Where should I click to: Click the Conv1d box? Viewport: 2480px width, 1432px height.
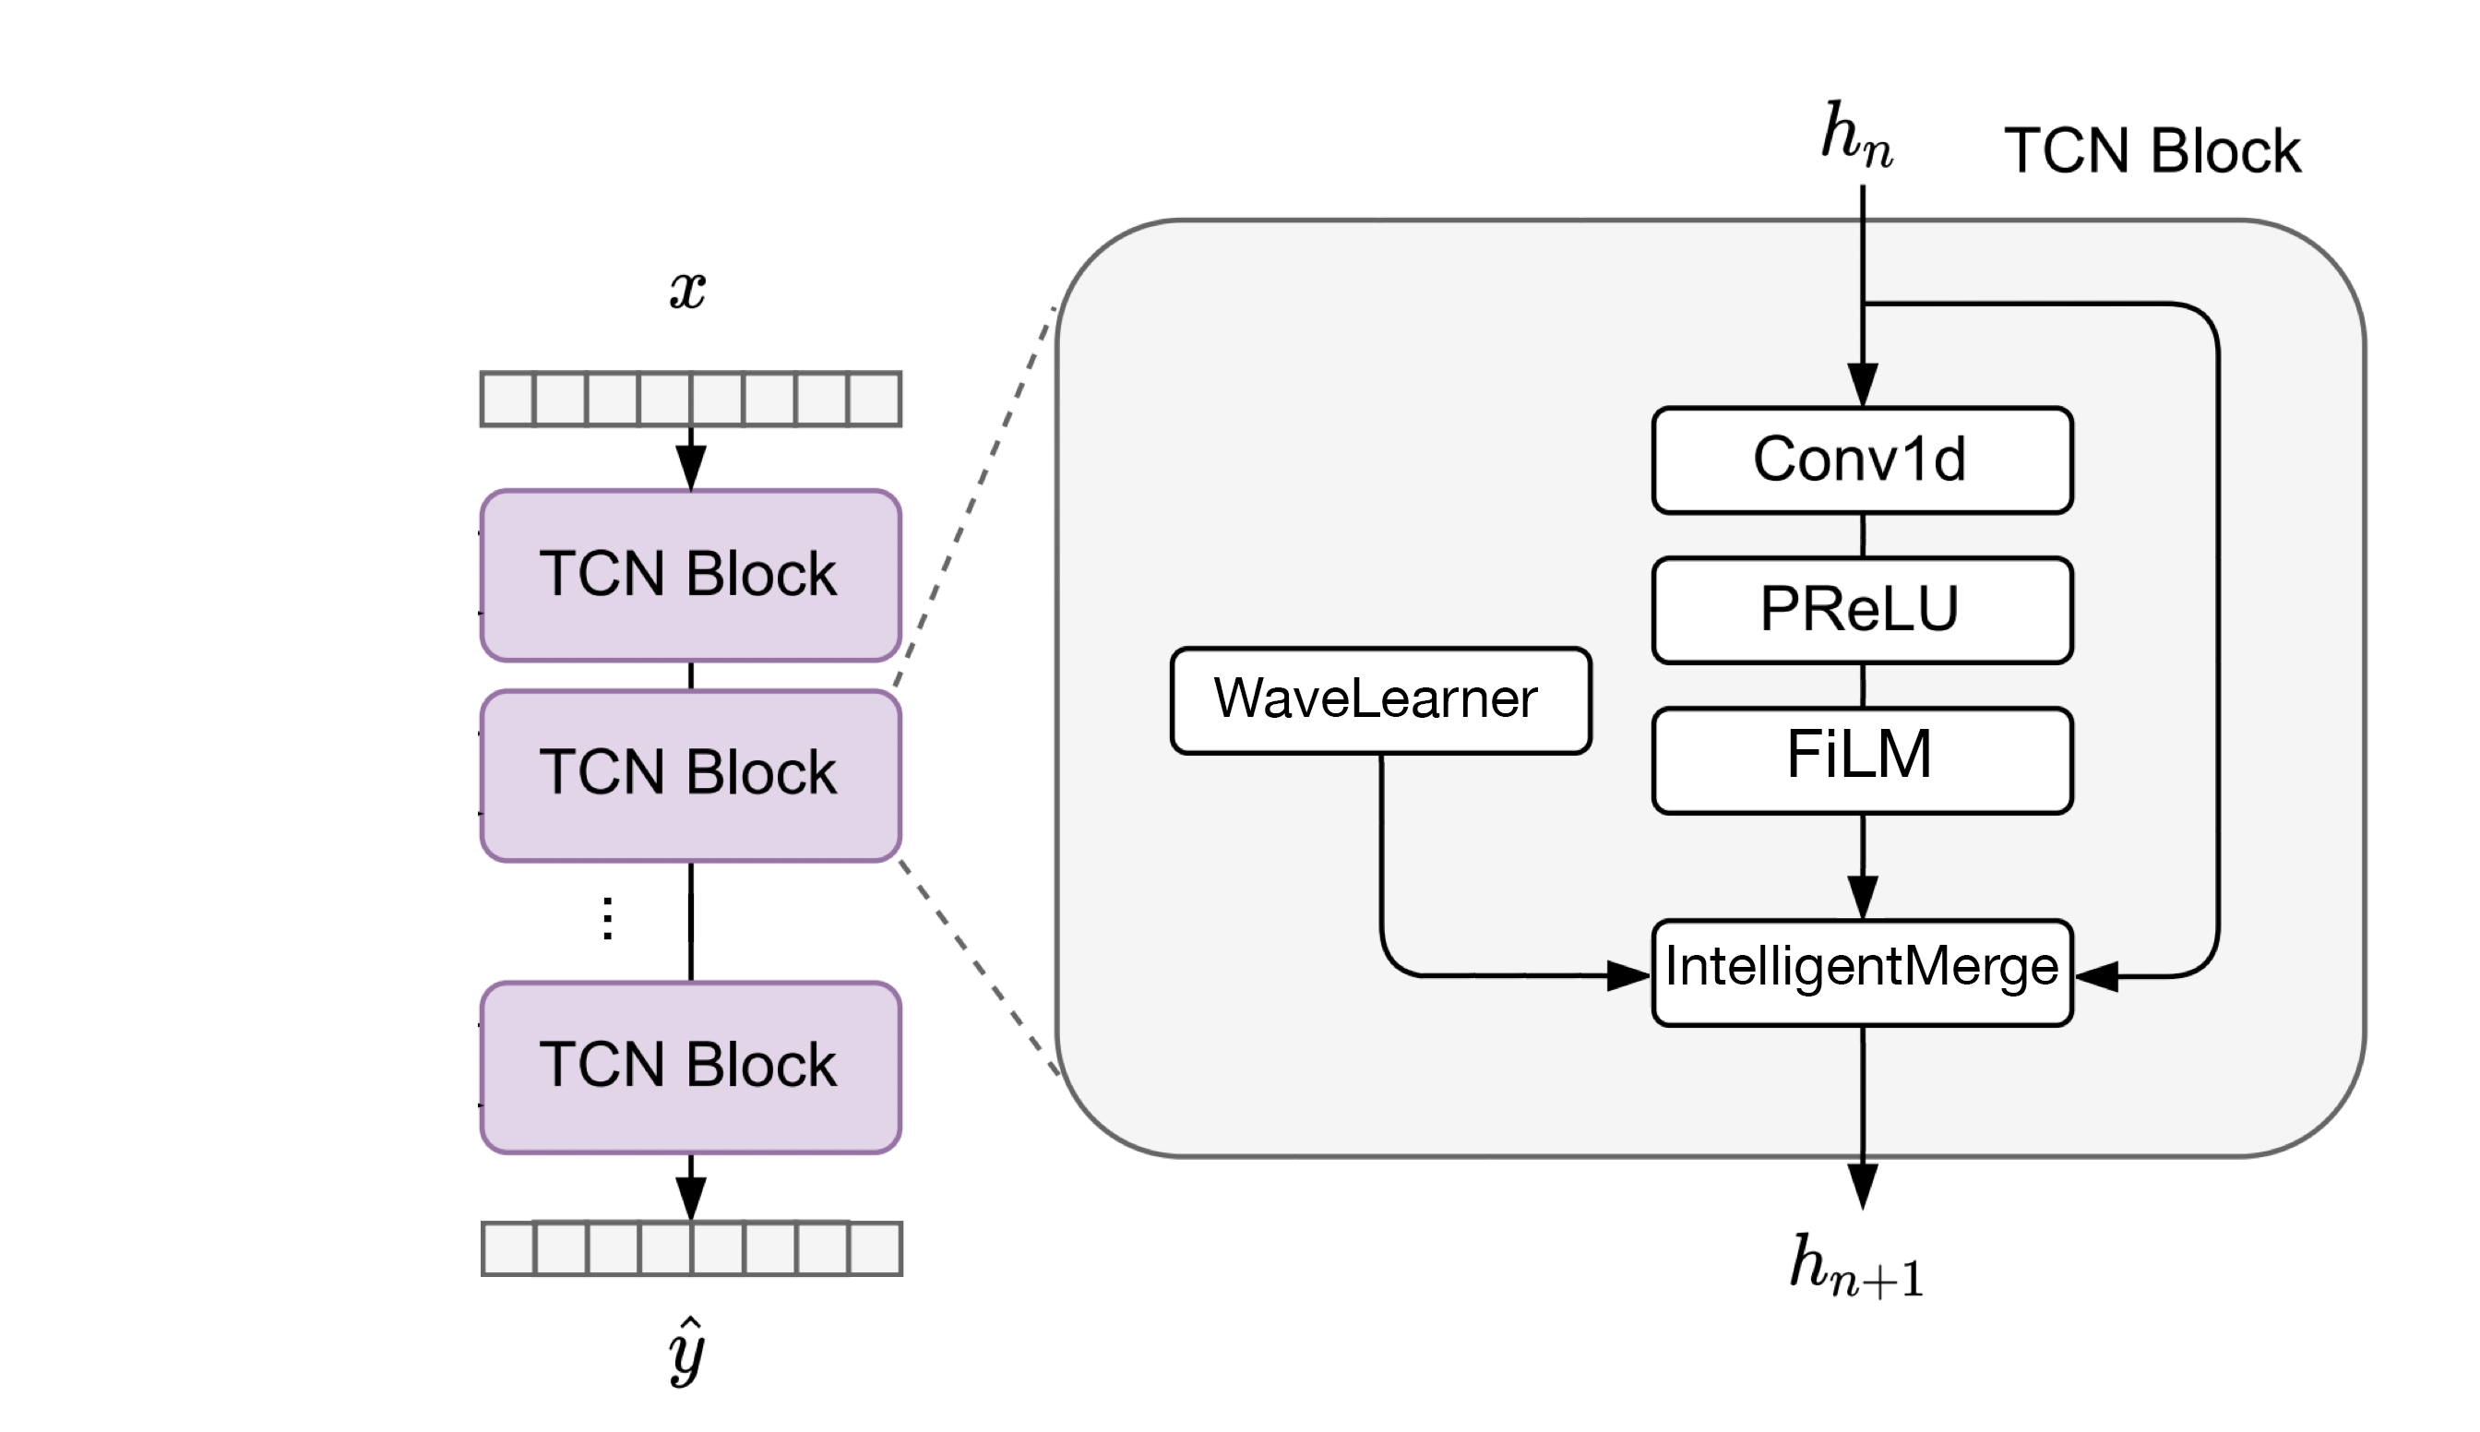click(x=1862, y=459)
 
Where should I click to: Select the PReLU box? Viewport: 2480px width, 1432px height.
click(x=1862, y=610)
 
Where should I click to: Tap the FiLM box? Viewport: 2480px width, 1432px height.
click(x=1862, y=759)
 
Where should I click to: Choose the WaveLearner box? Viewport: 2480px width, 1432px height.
click(x=1379, y=699)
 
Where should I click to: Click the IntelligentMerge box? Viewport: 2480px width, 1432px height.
click(x=1862, y=973)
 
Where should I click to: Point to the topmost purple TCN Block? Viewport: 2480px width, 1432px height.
click(x=690, y=575)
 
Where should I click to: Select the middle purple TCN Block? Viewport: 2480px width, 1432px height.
click(x=690, y=775)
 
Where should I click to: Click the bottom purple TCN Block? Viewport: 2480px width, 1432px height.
click(x=690, y=1066)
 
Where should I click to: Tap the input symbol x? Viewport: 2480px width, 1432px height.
click(x=687, y=290)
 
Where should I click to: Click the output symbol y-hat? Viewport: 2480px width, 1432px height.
click(x=687, y=1352)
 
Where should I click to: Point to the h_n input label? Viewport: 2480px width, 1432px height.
click(x=1855, y=136)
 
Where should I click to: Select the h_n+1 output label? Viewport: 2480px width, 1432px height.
click(x=1854, y=1266)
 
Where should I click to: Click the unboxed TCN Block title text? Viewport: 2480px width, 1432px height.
click(x=2152, y=151)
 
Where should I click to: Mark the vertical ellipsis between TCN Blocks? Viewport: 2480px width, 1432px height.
click(x=608, y=919)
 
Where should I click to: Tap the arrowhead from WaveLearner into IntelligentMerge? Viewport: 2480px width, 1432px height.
click(x=1628, y=975)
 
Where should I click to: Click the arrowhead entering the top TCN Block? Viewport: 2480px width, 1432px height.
click(x=690, y=467)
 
